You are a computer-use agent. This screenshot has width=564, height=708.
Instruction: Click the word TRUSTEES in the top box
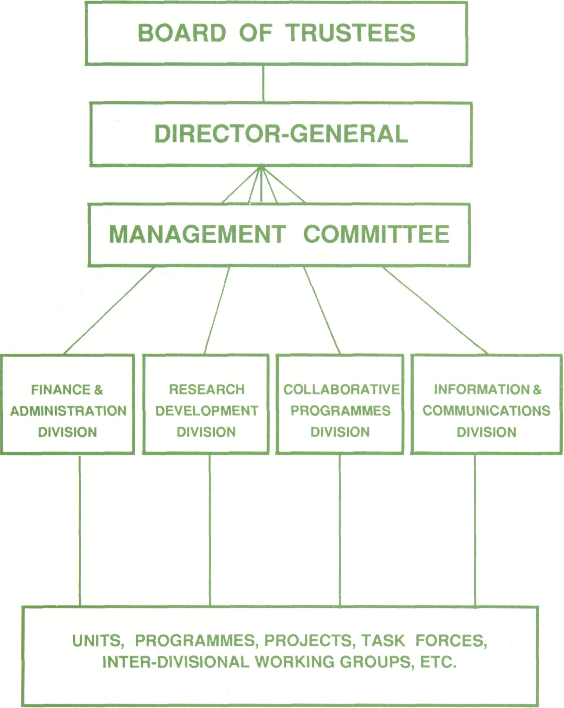coord(350,33)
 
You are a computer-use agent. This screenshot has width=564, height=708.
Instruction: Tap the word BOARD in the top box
coord(182,33)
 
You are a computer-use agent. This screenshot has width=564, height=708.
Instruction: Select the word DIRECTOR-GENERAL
coord(281,134)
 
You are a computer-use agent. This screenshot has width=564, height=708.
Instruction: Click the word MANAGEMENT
coord(197,234)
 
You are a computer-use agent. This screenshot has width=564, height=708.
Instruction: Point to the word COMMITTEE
coord(376,234)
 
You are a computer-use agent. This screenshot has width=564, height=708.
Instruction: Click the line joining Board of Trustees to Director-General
coord(263,83)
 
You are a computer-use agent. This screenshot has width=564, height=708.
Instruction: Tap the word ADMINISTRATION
coord(68,411)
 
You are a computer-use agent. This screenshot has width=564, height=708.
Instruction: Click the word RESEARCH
coord(207,390)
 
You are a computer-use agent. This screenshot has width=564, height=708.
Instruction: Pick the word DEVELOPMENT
coord(207,411)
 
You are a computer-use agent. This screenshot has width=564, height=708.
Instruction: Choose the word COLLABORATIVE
coord(341,390)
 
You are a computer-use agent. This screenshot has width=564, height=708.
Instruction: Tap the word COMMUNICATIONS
coord(487,411)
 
